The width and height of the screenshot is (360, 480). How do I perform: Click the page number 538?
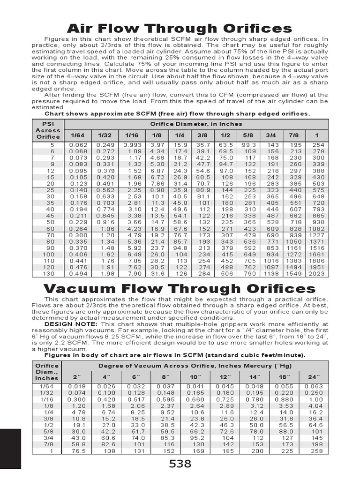(x=180, y=464)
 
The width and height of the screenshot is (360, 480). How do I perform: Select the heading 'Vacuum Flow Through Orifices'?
(x=180, y=288)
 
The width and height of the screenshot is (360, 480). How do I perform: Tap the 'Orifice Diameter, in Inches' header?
(x=196, y=124)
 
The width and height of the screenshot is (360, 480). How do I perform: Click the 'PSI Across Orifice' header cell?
(x=48, y=130)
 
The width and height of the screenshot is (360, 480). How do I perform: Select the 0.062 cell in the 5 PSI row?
(x=78, y=145)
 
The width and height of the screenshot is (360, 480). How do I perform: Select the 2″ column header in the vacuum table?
(x=77, y=376)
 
